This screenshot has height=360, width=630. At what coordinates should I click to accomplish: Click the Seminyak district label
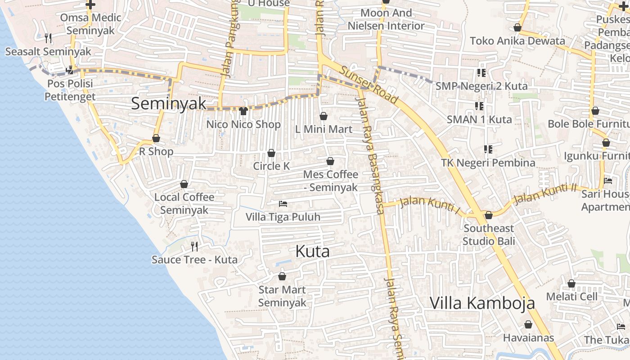point(169,103)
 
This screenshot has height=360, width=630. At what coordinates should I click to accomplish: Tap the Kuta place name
point(312,252)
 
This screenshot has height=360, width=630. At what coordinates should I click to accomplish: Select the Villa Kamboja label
point(482,303)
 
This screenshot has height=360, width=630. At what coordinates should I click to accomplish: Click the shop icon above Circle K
point(271,153)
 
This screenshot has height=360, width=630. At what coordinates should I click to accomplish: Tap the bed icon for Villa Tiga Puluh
point(283,204)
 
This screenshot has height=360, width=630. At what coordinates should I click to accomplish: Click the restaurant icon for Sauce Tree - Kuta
point(194,246)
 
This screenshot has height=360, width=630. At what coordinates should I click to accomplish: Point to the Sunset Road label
point(369,85)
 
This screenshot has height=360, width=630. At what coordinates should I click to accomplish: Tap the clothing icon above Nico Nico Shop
point(243,111)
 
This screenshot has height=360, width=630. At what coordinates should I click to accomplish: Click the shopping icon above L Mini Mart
point(323,117)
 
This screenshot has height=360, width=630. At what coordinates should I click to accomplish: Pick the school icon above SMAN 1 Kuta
point(479,106)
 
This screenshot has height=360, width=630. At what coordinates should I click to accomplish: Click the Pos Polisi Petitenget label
point(70,90)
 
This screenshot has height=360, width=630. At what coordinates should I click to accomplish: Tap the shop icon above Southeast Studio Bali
point(488,216)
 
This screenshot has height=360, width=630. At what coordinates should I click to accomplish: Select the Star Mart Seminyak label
point(282,296)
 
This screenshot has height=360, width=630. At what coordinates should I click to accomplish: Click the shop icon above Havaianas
point(528,324)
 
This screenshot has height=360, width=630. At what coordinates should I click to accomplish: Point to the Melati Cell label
point(572,297)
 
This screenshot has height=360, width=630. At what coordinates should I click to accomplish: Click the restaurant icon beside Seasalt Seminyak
point(49,38)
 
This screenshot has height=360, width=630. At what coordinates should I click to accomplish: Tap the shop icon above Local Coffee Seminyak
point(184,184)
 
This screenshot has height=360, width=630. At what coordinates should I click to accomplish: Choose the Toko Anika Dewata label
point(517,41)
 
